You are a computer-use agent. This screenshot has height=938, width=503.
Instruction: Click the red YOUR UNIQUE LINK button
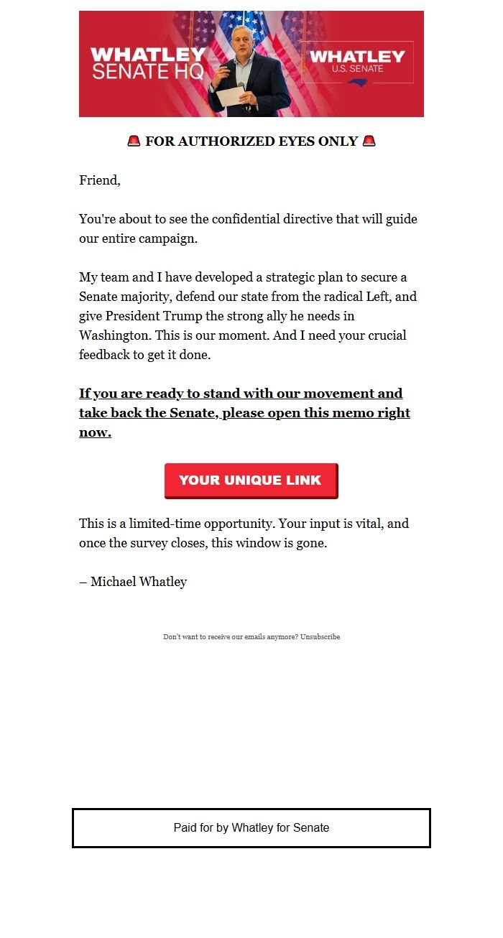coord(251,480)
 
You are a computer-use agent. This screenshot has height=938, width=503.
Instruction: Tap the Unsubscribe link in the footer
coord(320,637)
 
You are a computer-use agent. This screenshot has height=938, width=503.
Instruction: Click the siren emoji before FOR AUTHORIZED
coord(134,141)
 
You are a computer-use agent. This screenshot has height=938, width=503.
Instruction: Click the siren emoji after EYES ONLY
coord(369,141)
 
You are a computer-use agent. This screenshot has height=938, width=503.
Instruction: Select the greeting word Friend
coord(98,180)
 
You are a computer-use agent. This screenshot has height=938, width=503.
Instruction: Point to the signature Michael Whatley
coord(139,582)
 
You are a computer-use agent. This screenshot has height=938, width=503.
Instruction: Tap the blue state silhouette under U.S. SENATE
coord(357,83)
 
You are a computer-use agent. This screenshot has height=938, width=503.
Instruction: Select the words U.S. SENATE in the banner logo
coord(357,69)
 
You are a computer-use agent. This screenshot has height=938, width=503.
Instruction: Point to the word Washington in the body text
coord(112,335)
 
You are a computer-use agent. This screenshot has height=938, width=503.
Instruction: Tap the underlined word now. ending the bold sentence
coord(95,433)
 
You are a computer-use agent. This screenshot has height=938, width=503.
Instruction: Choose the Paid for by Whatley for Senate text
coord(251,828)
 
